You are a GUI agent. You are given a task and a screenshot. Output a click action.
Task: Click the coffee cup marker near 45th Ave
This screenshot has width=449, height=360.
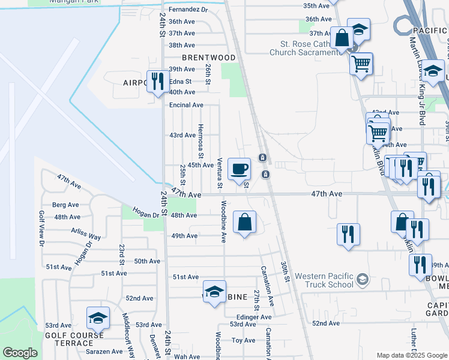239,169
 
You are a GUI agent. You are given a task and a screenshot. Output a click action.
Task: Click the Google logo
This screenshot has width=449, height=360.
20,352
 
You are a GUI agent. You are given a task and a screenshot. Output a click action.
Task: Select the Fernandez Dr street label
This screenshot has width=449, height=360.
188,10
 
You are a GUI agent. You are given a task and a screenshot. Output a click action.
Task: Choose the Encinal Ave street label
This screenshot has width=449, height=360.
186,105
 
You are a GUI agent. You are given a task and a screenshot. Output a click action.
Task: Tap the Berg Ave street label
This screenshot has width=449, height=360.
65,205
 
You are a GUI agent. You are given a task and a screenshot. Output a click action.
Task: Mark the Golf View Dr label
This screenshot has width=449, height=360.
42,228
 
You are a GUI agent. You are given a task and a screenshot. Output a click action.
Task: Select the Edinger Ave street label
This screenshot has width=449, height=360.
254,317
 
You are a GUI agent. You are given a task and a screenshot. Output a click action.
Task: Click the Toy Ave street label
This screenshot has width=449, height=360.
244,340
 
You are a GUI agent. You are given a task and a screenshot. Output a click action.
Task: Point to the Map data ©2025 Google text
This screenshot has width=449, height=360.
411,355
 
